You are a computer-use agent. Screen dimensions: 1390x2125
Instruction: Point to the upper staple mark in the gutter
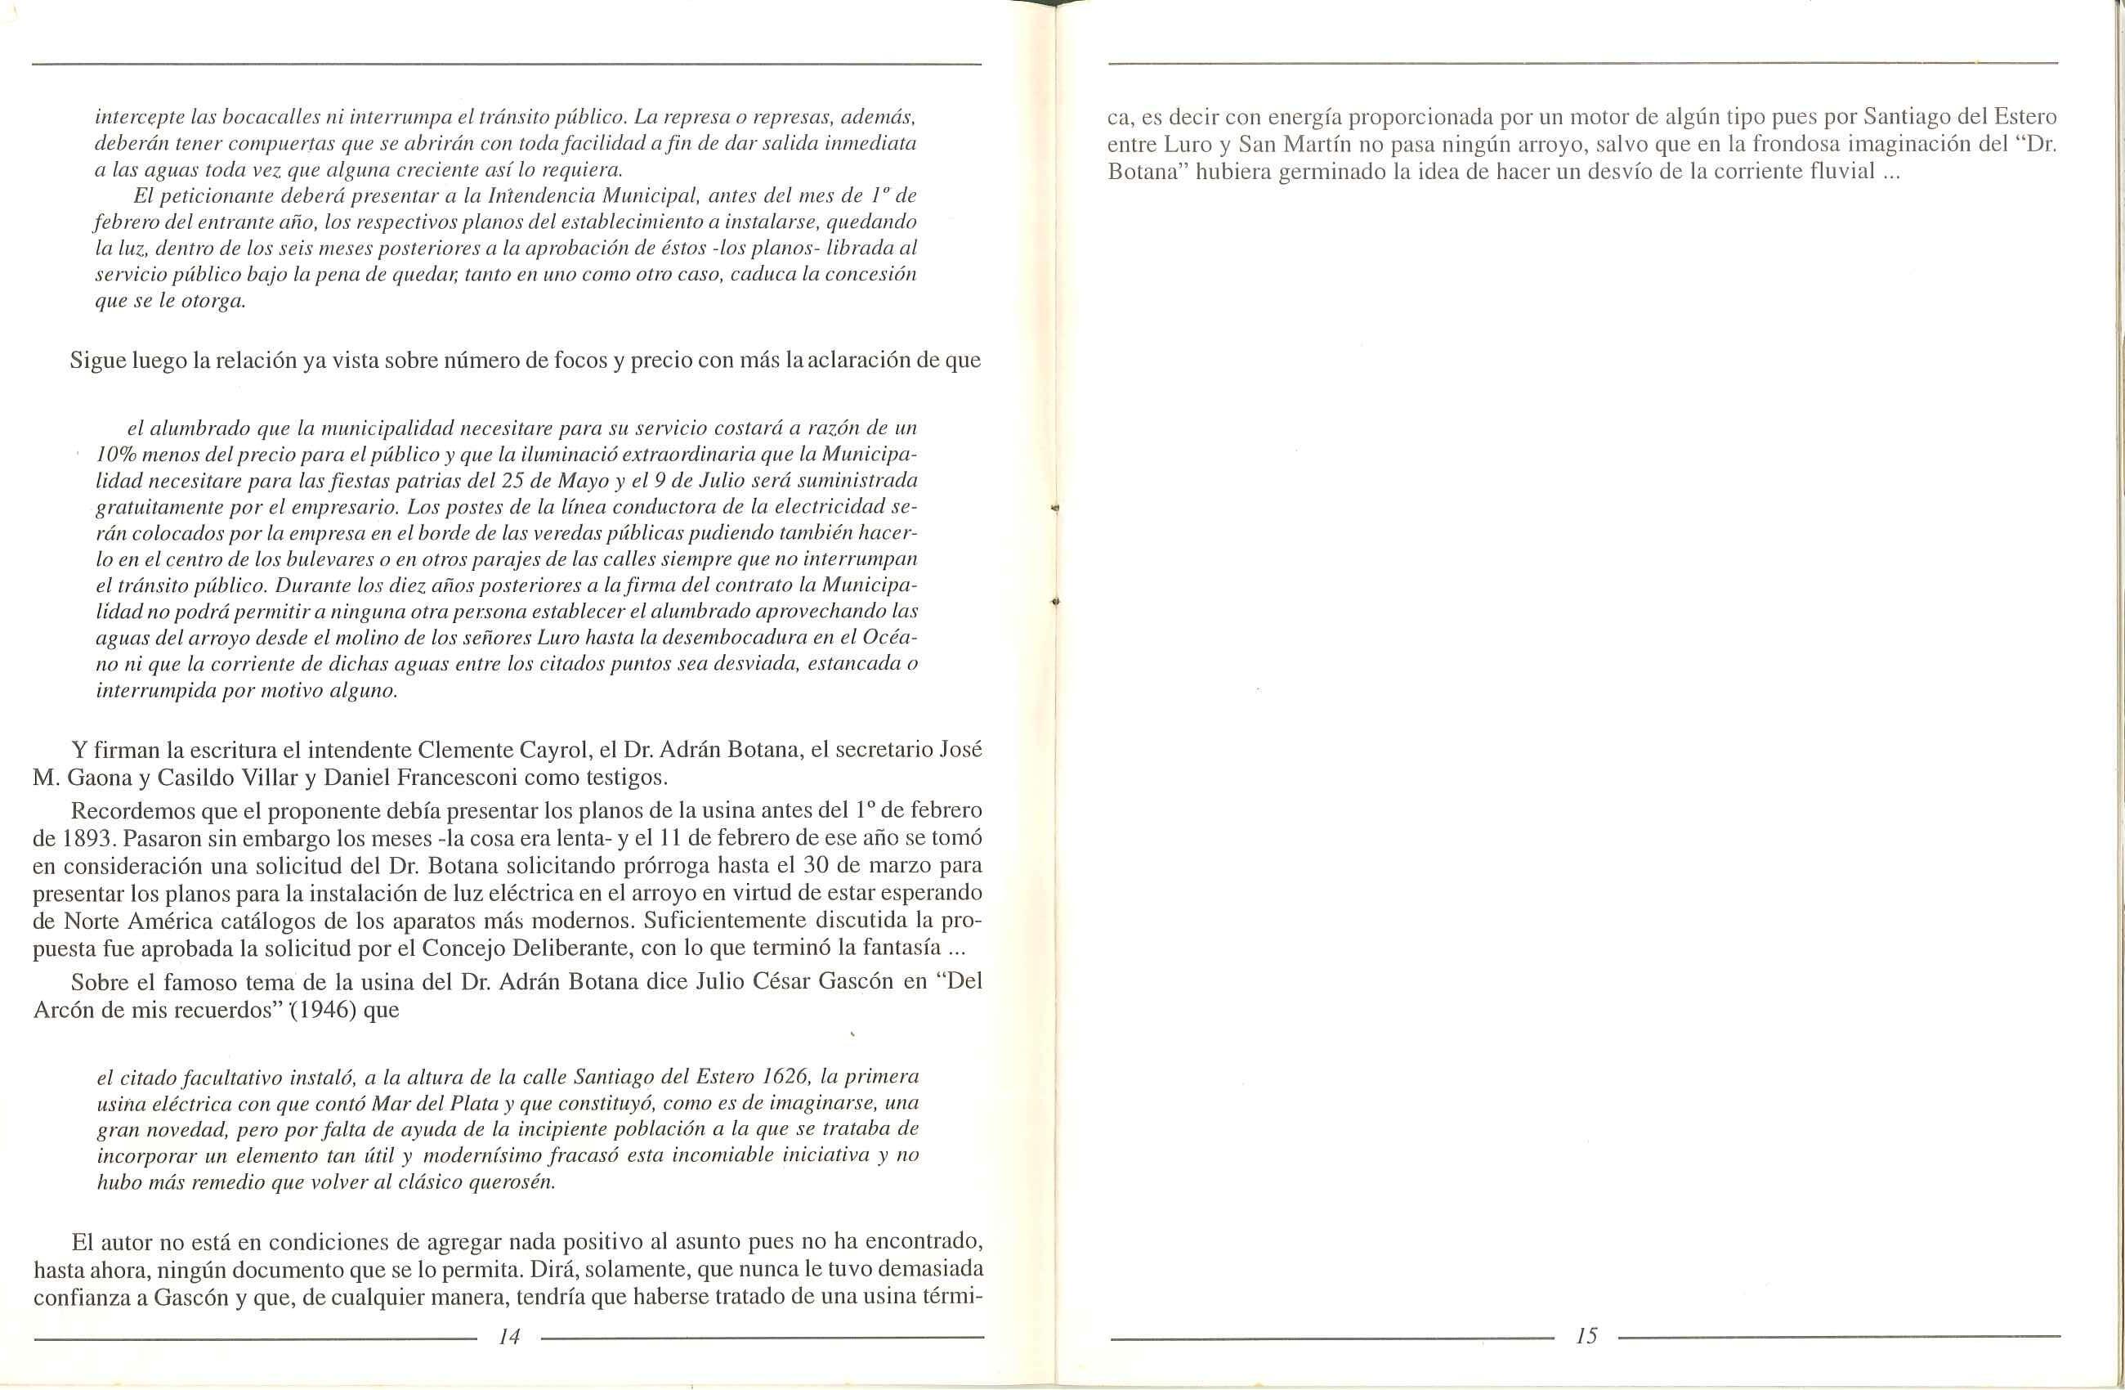(x=1055, y=506)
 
